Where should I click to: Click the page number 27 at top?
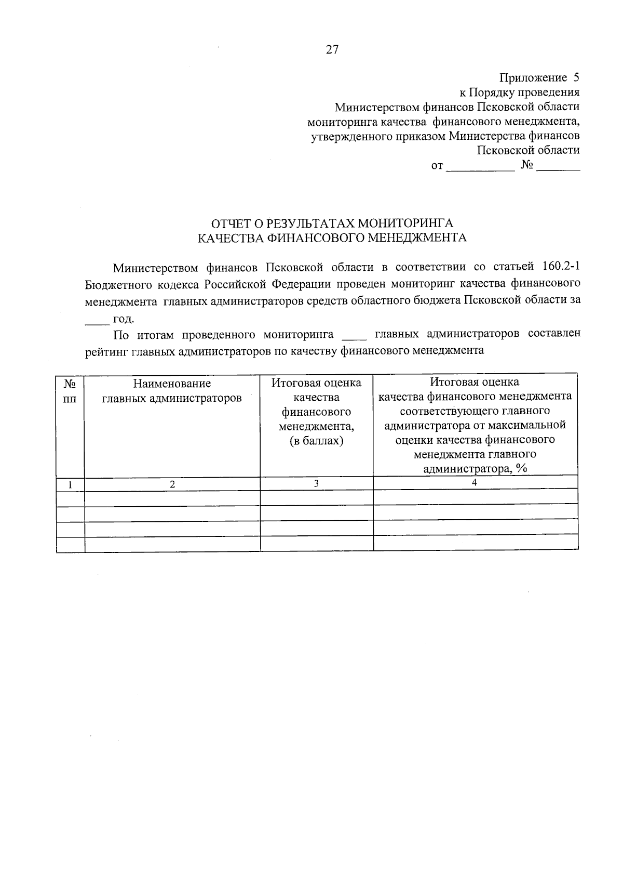[332, 49]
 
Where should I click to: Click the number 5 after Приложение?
[575, 78]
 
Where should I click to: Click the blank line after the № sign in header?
[559, 169]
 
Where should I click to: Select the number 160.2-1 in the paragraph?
[561, 267]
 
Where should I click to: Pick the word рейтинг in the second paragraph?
[106, 351]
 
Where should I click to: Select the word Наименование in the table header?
[172, 384]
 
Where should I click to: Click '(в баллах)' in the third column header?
[316, 441]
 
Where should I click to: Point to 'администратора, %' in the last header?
[475, 469]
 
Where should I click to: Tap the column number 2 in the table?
[172, 484]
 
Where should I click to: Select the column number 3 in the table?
[316, 483]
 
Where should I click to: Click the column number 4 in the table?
[475, 482]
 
